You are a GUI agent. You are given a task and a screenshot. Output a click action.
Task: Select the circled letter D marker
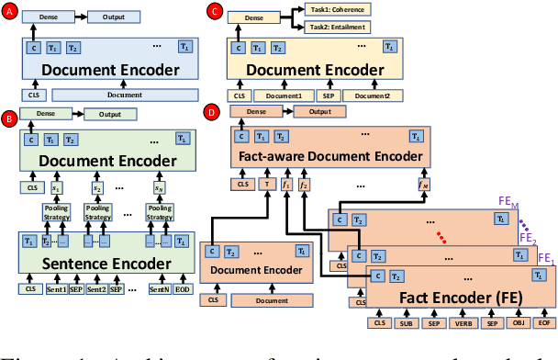coord(215,114)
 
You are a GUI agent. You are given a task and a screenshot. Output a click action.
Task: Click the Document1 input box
coord(283,95)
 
